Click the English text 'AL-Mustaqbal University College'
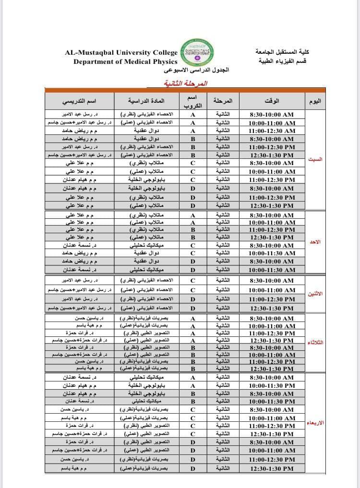(121, 52)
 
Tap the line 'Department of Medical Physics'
(125, 61)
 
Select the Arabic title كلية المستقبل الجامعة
(280, 52)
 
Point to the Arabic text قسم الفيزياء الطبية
(280, 61)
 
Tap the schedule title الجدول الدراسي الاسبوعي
(197, 70)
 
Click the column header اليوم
(316, 101)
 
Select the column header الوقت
(272, 101)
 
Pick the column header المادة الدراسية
(146, 101)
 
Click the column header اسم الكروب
(193, 101)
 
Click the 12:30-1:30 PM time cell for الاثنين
(272, 309)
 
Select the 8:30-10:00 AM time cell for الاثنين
(272, 280)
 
